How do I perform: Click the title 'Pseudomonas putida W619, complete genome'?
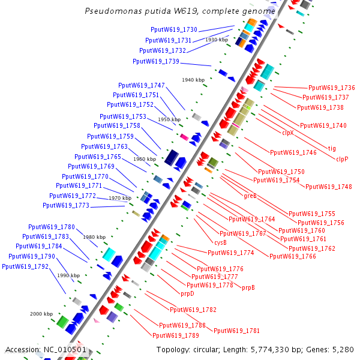point(181,11)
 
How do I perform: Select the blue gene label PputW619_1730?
point(174,29)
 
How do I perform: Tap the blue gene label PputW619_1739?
point(156,61)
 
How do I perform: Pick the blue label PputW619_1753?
point(123,116)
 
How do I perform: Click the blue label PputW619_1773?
point(66,205)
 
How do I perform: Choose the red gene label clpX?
point(288,133)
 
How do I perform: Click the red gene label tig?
point(332,148)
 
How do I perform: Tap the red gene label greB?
point(250,196)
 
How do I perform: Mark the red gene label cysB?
point(220,242)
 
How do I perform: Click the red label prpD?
point(188,294)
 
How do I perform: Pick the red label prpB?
point(248,288)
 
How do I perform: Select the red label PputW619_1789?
point(176,335)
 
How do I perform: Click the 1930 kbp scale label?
point(217,40)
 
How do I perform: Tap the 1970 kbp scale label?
point(120,198)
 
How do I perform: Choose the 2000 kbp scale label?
point(42,314)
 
